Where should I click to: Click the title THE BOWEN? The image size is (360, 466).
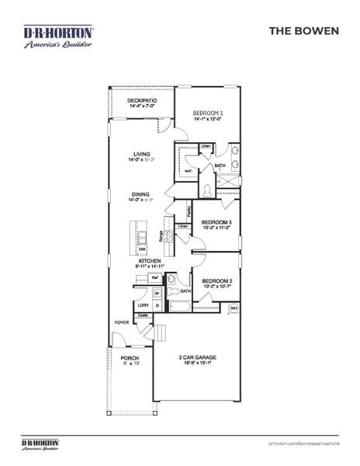(304, 32)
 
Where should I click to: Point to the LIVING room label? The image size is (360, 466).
(140, 155)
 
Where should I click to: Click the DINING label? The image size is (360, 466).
(140, 196)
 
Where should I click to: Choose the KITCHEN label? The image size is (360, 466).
(150, 261)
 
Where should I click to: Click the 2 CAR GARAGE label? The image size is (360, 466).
(198, 358)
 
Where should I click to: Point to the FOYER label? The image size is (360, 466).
(122, 322)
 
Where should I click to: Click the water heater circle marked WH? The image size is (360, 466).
(234, 309)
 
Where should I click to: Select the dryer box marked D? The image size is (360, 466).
(157, 305)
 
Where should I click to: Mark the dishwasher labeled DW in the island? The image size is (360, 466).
(141, 249)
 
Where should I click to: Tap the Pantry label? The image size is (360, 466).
(189, 210)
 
